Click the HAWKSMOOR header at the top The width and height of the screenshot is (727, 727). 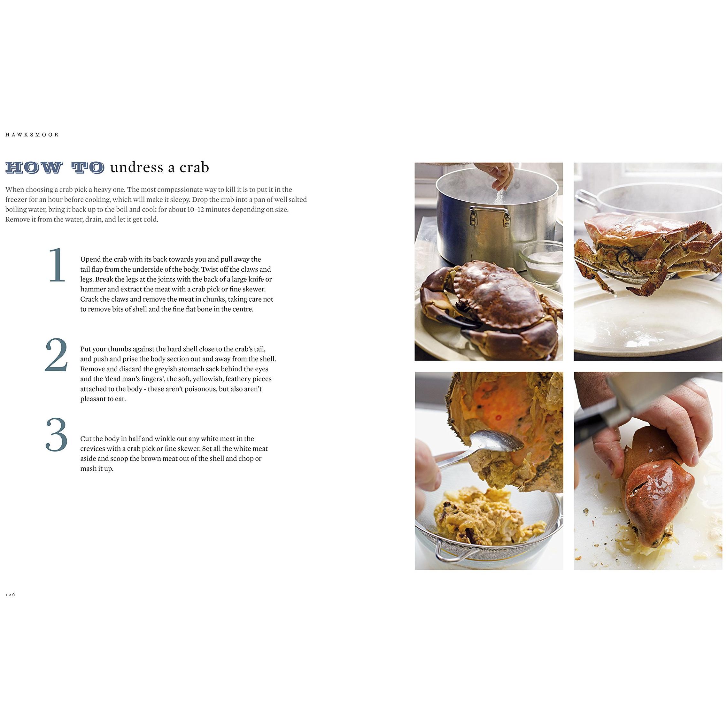click(x=32, y=135)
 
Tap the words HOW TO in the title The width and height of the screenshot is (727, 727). click(x=55, y=168)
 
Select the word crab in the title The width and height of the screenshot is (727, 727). click(x=194, y=167)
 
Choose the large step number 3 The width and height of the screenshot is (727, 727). click(x=57, y=435)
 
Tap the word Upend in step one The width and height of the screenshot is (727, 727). click(x=90, y=259)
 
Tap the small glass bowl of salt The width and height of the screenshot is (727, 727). click(x=541, y=259)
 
